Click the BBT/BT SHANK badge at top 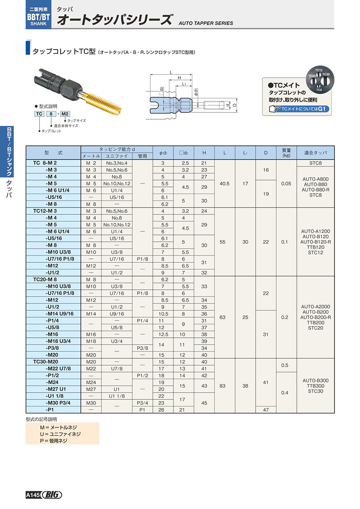click(x=38, y=16)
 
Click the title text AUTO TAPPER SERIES click(x=206, y=23)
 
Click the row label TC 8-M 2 click(x=45, y=163)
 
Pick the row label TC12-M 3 click(x=45, y=211)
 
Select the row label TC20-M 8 click(x=45, y=279)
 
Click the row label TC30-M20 click(x=45, y=362)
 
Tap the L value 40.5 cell click(x=225, y=184)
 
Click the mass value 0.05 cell click(x=286, y=184)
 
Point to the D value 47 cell click(x=266, y=410)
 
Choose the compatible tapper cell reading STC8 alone click(x=315, y=163)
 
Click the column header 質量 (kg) click(x=286, y=152)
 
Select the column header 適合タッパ click(x=315, y=153)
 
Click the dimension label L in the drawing click(x=171, y=72)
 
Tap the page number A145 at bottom click(x=32, y=495)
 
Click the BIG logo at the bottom click(x=52, y=495)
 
